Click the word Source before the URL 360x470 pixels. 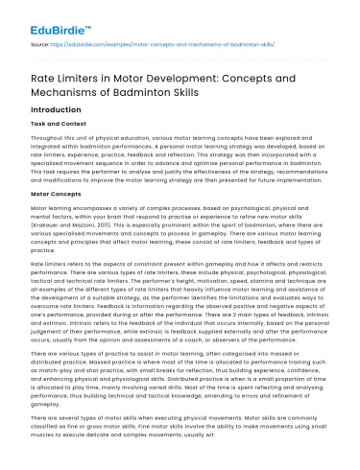(40, 43)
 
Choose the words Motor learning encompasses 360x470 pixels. (67, 236)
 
